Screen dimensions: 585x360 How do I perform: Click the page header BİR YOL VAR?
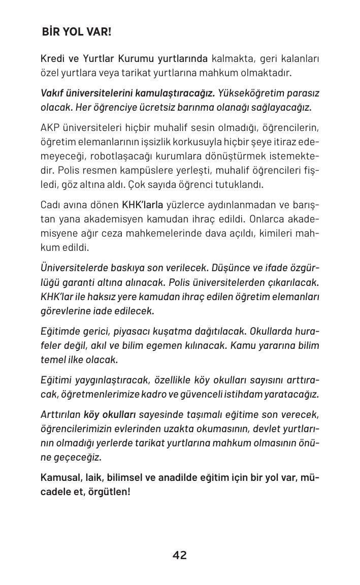77,32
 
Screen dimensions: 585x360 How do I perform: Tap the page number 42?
180,555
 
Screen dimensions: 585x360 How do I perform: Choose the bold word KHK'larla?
143,205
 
